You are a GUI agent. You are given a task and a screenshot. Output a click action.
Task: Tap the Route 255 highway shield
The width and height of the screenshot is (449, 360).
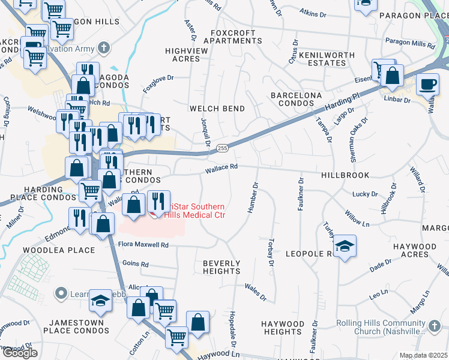coord(223,148)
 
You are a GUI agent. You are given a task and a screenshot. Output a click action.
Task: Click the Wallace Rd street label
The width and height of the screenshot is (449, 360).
coord(222,168)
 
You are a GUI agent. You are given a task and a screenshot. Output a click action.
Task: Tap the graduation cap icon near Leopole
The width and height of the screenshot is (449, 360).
coord(345,246)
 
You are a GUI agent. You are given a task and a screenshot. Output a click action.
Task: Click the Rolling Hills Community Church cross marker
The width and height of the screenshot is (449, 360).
coord(433,326)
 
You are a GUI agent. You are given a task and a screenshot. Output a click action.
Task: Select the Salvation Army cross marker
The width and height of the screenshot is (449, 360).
coord(104,47)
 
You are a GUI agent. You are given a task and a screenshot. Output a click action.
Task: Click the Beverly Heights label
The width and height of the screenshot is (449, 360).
coord(221,267)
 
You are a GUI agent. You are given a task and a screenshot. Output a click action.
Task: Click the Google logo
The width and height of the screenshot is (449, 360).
coord(19,353)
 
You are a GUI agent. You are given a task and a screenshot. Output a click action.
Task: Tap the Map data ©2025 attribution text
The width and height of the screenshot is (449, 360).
coord(423,355)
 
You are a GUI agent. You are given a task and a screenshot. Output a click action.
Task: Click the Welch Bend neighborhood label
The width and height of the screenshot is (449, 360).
coord(217,109)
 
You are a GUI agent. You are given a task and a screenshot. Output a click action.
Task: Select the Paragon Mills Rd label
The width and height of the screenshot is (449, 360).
coord(410,44)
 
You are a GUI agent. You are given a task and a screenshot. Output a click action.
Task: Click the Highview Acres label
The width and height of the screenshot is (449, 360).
coord(186,55)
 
